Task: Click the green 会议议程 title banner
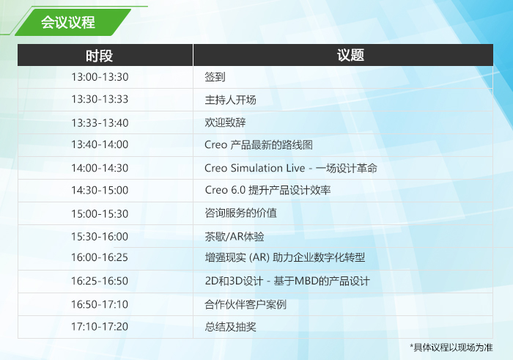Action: tap(73, 22)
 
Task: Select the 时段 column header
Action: tap(99, 56)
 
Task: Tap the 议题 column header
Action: tap(350, 55)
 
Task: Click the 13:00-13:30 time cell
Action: tap(100, 77)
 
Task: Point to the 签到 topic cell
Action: tap(215, 77)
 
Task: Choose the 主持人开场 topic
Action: tap(230, 100)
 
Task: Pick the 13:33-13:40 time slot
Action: tap(100, 123)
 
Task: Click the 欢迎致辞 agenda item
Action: tap(225, 122)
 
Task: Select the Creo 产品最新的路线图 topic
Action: tap(259, 144)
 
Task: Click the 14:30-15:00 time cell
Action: tap(100, 191)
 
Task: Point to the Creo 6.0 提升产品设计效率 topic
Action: tap(267, 190)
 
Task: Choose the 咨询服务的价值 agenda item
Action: tap(241, 213)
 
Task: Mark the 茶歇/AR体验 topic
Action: tap(235, 237)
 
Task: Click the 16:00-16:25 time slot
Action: tap(100, 257)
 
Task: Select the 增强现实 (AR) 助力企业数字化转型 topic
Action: tap(285, 257)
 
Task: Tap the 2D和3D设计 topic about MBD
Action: tap(287, 281)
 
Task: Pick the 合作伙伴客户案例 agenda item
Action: tap(246, 305)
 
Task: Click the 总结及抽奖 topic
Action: tap(230, 327)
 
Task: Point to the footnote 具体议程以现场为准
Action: tap(451, 348)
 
